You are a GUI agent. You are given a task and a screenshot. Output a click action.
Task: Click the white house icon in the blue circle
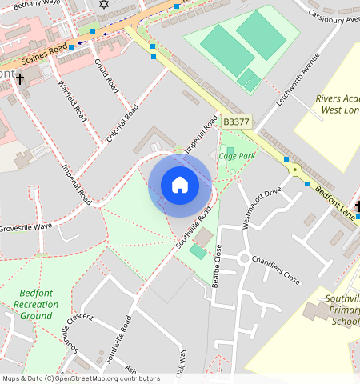[180, 185]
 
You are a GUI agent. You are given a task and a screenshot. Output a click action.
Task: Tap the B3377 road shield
[236, 122]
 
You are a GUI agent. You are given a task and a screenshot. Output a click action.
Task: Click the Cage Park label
[237, 156]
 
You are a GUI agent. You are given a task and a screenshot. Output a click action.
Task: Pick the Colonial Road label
[122, 122]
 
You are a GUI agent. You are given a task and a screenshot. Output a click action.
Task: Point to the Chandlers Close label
[275, 271]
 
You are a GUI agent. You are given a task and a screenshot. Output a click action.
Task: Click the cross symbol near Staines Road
[19, 79]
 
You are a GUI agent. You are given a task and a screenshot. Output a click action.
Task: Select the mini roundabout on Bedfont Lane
[295, 170]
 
